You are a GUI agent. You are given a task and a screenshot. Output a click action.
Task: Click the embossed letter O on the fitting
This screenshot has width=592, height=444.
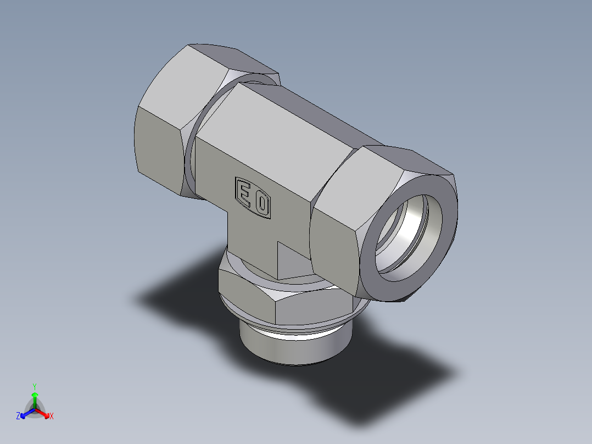coord(263,204)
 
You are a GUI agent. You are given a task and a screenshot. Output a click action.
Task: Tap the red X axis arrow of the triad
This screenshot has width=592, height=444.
coord(44,413)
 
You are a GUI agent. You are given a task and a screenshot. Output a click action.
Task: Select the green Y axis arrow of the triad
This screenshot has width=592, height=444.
coord(35,396)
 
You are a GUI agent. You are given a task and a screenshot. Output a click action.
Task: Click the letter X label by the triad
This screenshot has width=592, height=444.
coord(52,417)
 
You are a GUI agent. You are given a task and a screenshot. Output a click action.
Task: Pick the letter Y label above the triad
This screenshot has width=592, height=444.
coord(35,386)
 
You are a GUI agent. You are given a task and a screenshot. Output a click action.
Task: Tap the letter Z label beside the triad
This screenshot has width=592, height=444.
coord(18,417)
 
